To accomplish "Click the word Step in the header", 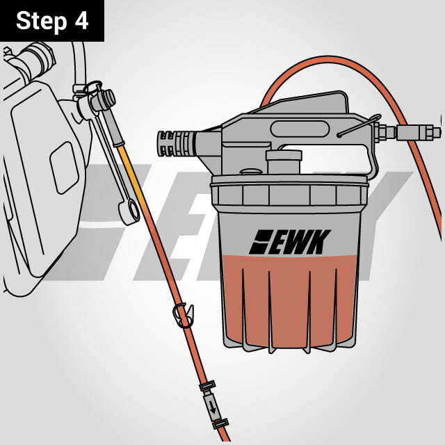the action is (x=42, y=22).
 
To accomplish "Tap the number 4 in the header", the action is (x=82, y=20).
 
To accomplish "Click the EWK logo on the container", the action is (x=290, y=242).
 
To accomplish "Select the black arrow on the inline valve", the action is (x=213, y=408).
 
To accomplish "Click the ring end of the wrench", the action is (x=129, y=211).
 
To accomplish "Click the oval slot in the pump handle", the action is (x=300, y=129).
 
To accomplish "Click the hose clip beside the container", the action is (x=184, y=315).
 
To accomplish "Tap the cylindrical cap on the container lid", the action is (x=284, y=162).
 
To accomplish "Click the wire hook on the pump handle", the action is (x=359, y=125).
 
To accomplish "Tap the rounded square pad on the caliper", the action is (x=64, y=168).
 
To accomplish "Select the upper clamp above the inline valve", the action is (x=207, y=386).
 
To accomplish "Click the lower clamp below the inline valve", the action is (x=220, y=423).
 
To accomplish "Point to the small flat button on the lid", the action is (x=251, y=172).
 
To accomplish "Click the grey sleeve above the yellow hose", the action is (x=113, y=128).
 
